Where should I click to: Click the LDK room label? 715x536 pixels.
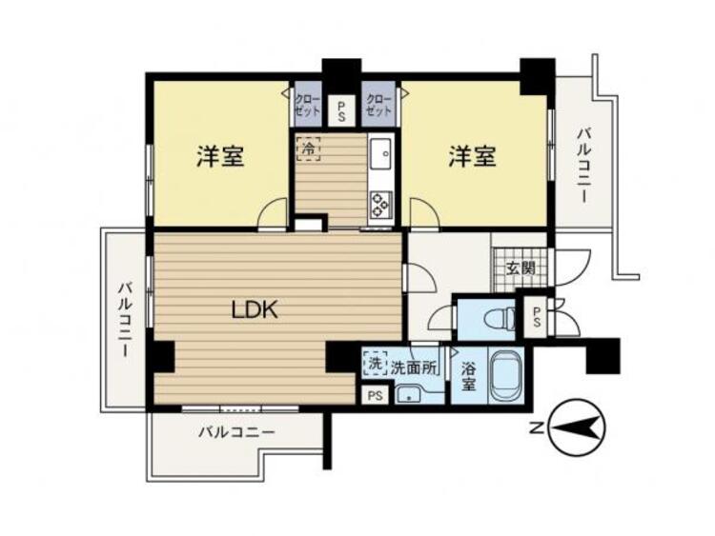pos(255,310)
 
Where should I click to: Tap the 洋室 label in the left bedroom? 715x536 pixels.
pos(220,156)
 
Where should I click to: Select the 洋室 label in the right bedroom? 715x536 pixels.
pos(473,156)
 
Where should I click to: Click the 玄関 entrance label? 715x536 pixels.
pos(521,268)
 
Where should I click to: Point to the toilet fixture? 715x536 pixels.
pos(501,317)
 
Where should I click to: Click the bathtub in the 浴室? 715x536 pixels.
pos(506,376)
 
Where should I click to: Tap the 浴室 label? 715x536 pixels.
pos(468,376)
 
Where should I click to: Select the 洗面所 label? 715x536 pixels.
pos(414,367)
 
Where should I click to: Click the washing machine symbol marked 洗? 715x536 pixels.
pos(375,364)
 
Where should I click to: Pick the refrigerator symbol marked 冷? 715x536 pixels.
pos(308,149)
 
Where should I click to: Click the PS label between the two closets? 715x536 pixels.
pos(341,111)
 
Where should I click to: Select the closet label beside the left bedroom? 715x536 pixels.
pos(308,105)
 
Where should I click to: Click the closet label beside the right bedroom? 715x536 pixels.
pos(378,105)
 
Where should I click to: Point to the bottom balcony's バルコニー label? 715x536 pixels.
pos(236,431)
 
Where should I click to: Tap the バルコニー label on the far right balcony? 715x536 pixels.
pos(583,166)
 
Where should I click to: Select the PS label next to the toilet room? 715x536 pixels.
pos(536,316)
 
